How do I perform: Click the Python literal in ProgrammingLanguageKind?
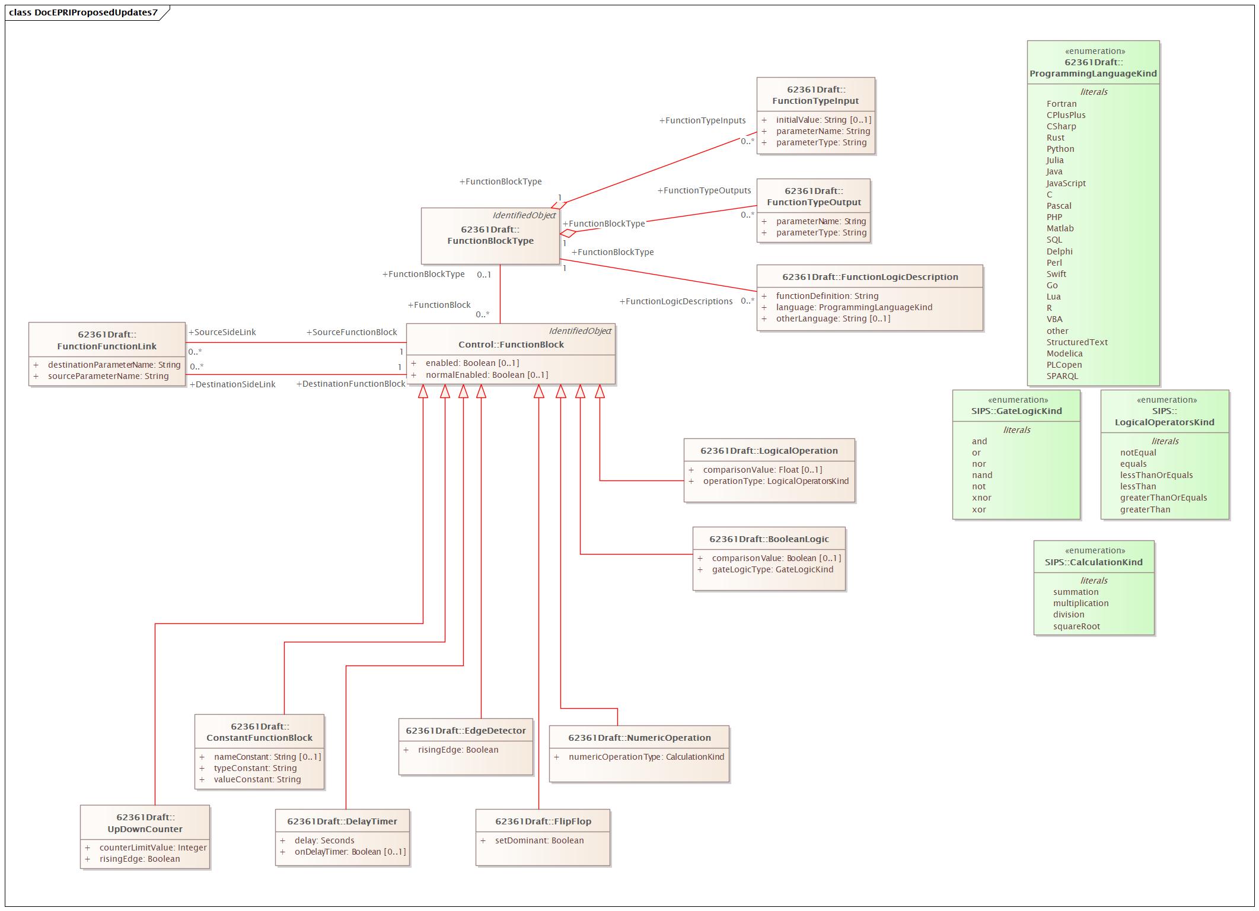pos(1060,149)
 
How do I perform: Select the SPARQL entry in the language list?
pos(1062,376)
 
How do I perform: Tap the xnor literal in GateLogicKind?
pos(981,498)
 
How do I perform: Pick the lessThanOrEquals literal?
pos(1156,475)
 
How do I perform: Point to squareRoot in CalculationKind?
pos(1076,626)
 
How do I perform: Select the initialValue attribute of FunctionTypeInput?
pos(823,120)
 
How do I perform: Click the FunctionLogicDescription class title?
pos(870,277)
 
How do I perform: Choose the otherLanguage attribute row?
pos(833,318)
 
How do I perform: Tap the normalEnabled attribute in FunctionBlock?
pos(486,375)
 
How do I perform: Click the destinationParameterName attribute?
pos(114,365)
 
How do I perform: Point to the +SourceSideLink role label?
pos(222,332)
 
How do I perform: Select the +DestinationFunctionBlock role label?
pos(350,384)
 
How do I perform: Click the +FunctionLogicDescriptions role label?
pos(675,301)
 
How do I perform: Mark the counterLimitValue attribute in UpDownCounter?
pos(153,848)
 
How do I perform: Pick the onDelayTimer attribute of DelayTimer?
pos(350,852)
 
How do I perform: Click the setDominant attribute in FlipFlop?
pos(539,840)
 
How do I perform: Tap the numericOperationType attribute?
pos(646,757)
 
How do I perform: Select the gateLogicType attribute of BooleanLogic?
pos(772,569)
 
